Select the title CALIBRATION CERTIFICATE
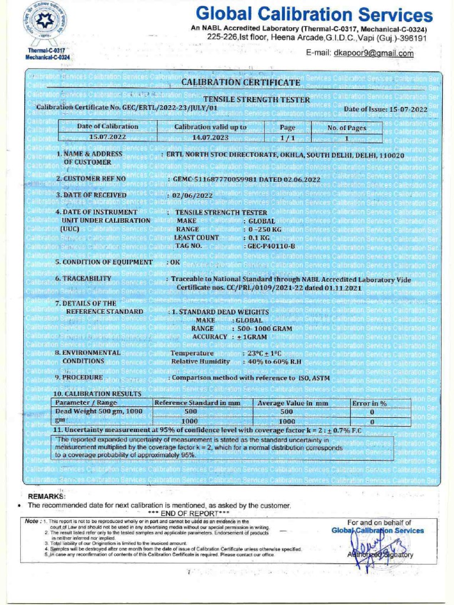tap(241, 82)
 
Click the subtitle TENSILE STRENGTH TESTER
tap(257, 100)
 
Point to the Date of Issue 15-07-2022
tap(385, 109)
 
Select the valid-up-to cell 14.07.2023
tap(210, 137)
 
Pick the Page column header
tap(287, 127)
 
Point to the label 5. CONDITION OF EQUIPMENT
tap(103, 262)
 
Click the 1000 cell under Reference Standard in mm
tap(190, 421)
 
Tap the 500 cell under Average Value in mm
tap(287, 412)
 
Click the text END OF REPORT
tap(161, 513)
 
